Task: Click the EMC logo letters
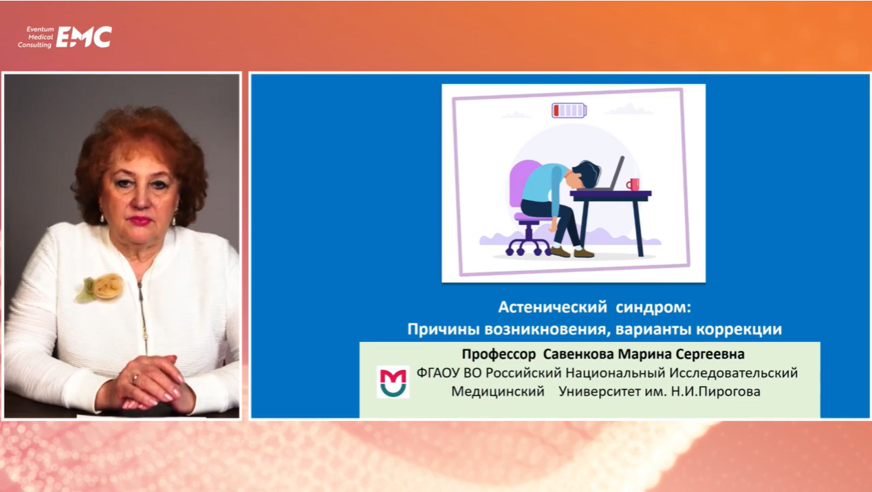pyautogui.click(x=84, y=37)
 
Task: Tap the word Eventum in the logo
pyautogui.click(x=40, y=29)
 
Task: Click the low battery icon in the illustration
pyautogui.click(x=569, y=110)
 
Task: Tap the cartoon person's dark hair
pyautogui.click(x=587, y=173)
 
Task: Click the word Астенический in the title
pyautogui.click(x=552, y=308)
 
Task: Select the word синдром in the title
pyautogui.click(x=653, y=308)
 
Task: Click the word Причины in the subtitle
pyautogui.click(x=444, y=330)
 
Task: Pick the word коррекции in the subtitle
pyautogui.click(x=739, y=330)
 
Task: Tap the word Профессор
pyautogui.click(x=499, y=354)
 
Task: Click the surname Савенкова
pyautogui.click(x=578, y=354)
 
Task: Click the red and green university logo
pyautogui.click(x=393, y=382)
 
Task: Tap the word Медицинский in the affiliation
pyautogui.click(x=497, y=392)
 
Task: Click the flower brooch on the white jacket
pyautogui.click(x=100, y=288)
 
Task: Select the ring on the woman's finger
pyautogui.click(x=135, y=378)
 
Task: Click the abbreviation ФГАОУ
pyautogui.click(x=438, y=373)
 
